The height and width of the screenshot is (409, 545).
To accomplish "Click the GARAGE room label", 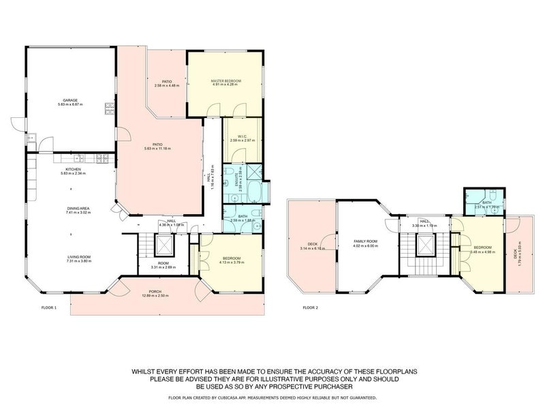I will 67,100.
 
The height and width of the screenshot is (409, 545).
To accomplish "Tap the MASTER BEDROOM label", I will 225,81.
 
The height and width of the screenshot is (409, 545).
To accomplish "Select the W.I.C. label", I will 234,136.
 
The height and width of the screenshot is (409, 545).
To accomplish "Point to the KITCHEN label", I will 73,168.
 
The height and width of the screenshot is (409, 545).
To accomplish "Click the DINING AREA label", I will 71,209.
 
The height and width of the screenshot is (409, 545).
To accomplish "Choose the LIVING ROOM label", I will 71,257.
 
